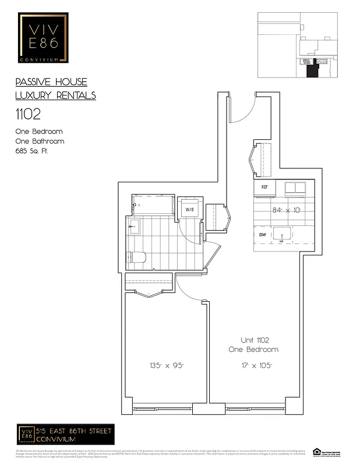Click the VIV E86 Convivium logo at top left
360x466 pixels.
43,39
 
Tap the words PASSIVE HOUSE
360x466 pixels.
51,82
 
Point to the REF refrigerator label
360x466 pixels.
264,187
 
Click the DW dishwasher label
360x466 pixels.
263,235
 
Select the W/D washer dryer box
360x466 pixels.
190,209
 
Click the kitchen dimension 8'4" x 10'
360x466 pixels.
286,210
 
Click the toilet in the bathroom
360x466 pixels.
136,257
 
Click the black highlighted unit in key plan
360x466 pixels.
313,70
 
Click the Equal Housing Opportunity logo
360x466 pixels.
317,451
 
